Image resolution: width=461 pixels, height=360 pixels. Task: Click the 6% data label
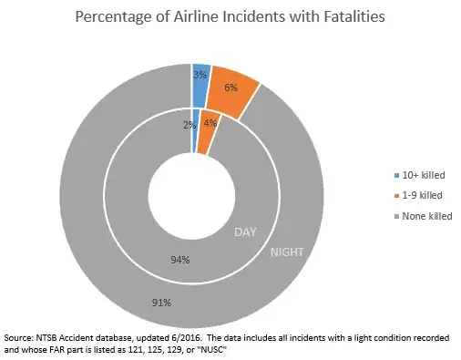coord(230,87)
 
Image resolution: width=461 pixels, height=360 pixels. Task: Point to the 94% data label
coord(180,260)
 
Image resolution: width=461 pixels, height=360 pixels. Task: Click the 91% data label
coord(159,300)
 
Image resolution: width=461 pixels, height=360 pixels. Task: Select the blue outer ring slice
coord(201,72)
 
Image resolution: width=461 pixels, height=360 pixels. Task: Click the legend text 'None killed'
coord(427,216)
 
